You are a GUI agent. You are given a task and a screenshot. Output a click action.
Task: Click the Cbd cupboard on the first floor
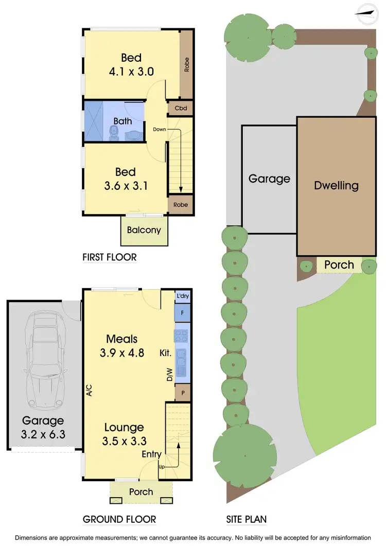pyautogui.click(x=180, y=108)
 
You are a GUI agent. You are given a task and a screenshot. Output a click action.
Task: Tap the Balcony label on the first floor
pyautogui.click(x=144, y=230)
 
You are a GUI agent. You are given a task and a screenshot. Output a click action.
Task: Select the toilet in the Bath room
pyautogui.click(x=114, y=134)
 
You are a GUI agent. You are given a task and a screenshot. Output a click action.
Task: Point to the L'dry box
pyautogui.click(x=183, y=296)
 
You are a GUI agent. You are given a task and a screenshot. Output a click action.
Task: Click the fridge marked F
pyautogui.click(x=183, y=312)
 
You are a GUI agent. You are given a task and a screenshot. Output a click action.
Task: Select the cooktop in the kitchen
pyautogui.click(x=183, y=336)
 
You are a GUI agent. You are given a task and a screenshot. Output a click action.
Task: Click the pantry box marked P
pyautogui.click(x=183, y=392)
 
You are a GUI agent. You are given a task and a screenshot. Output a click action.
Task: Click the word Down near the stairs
pyautogui.click(x=160, y=129)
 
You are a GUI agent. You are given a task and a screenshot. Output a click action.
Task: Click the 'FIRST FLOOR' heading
pyautogui.click(x=110, y=257)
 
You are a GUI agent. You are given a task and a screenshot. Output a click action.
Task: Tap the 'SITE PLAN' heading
pyautogui.click(x=247, y=519)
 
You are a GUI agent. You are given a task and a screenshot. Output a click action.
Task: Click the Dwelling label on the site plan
pyautogui.click(x=336, y=185)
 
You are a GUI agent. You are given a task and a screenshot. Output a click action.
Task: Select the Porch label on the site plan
pyautogui.click(x=339, y=265)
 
